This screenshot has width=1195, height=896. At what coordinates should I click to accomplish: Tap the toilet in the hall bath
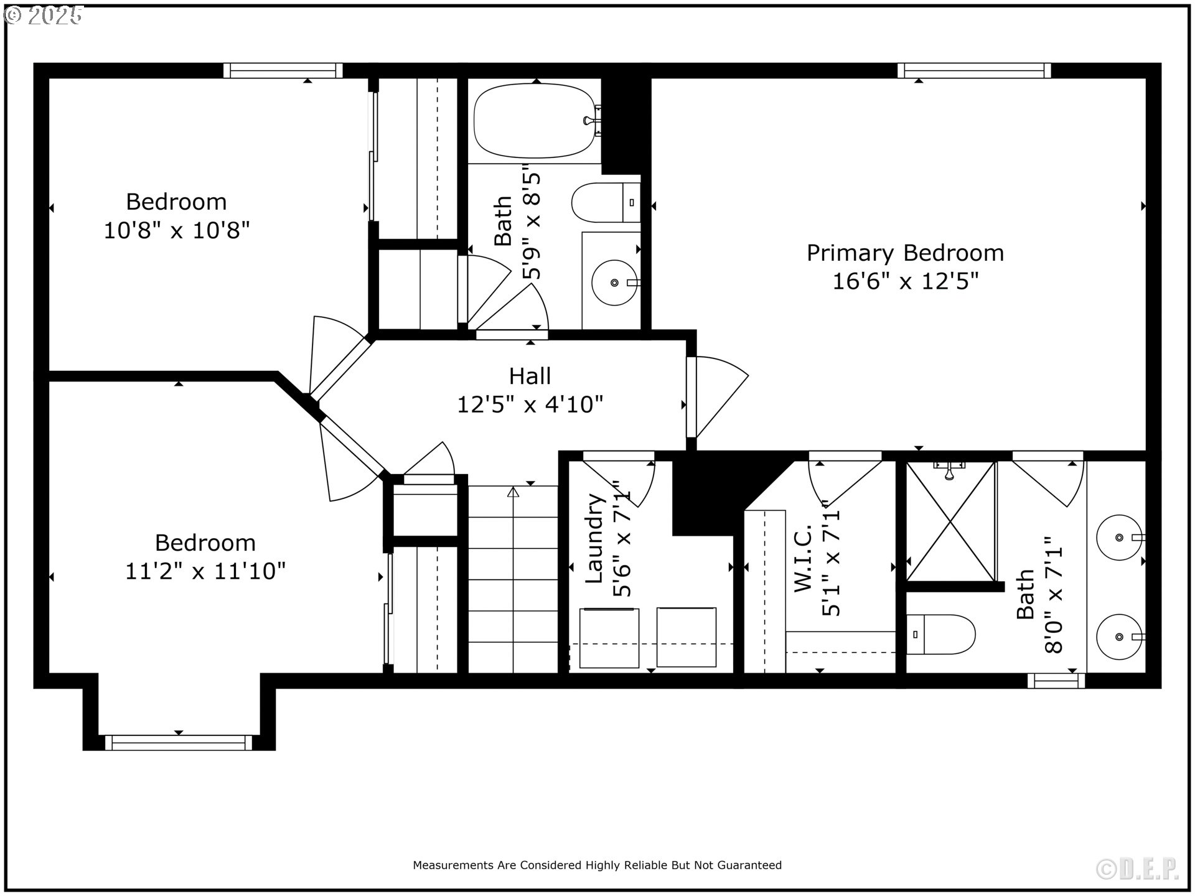pyautogui.click(x=606, y=202)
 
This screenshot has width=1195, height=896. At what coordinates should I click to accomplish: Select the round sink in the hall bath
pyautogui.click(x=614, y=282)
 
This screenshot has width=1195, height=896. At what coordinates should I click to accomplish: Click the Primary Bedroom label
pyautogui.click(x=905, y=253)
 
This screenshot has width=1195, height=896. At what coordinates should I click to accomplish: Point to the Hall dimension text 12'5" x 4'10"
pyautogui.click(x=530, y=404)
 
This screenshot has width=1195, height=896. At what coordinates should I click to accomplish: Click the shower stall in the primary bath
pyautogui.click(x=951, y=521)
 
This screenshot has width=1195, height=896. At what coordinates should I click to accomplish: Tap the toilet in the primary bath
pyautogui.click(x=940, y=635)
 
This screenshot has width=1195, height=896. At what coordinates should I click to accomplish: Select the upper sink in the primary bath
pyautogui.click(x=1119, y=538)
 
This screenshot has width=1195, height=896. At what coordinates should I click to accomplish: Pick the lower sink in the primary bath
pyautogui.click(x=1119, y=637)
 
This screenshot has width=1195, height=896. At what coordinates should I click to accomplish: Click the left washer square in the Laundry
pyautogui.click(x=609, y=638)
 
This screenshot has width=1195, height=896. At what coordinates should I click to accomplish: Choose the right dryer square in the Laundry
pyautogui.click(x=687, y=637)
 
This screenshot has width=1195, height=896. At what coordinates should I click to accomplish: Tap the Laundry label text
pyautogui.click(x=596, y=538)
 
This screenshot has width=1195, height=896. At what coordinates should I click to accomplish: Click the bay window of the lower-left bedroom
pyautogui.click(x=179, y=742)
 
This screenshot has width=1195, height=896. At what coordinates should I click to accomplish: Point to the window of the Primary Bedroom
pyautogui.click(x=974, y=70)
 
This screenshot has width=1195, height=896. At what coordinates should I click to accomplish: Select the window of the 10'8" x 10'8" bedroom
pyautogui.click(x=283, y=70)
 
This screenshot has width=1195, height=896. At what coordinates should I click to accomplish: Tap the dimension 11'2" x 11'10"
pyautogui.click(x=205, y=571)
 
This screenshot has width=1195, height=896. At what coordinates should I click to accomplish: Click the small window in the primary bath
pyautogui.click(x=1056, y=681)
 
